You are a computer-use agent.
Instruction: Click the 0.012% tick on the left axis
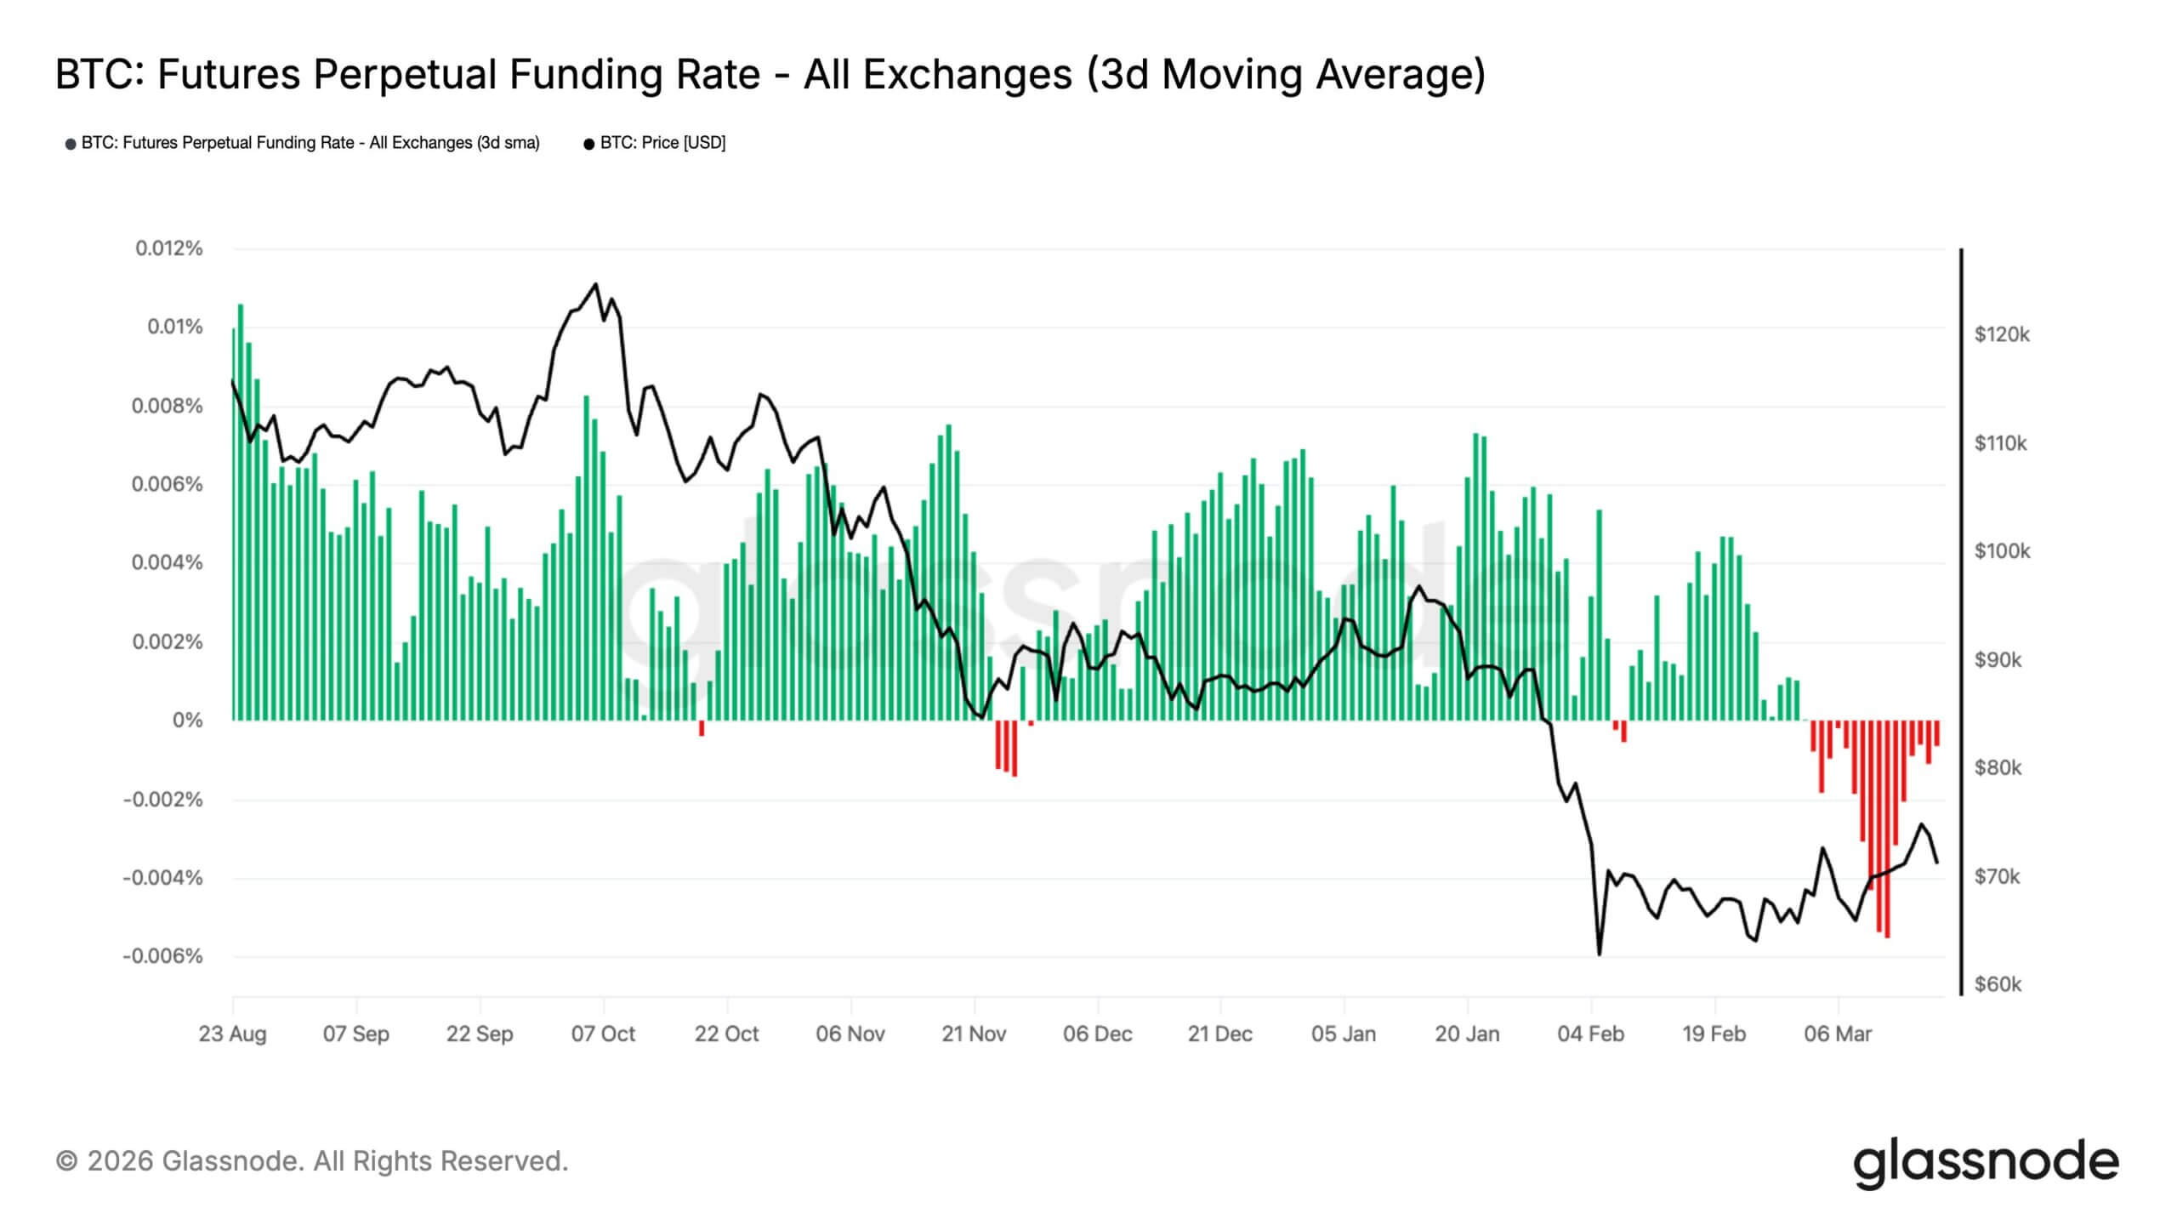click(168, 248)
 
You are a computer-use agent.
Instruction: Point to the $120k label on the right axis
click(2001, 334)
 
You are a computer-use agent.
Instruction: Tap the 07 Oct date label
click(603, 1034)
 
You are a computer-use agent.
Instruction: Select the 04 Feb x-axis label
click(1590, 1034)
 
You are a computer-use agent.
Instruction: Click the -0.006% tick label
click(162, 956)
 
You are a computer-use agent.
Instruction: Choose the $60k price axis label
click(1998, 984)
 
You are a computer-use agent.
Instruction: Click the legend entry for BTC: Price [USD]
click(655, 143)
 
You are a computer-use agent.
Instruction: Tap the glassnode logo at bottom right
click(1985, 1162)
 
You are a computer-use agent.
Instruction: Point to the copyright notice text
click(311, 1160)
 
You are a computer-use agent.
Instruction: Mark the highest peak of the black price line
click(595, 284)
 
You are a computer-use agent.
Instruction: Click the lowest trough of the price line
click(1599, 954)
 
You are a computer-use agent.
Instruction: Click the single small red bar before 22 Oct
click(702, 728)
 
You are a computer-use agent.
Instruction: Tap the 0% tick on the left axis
click(187, 721)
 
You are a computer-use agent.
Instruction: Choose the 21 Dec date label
click(1219, 1034)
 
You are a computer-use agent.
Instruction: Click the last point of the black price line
click(1937, 863)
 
